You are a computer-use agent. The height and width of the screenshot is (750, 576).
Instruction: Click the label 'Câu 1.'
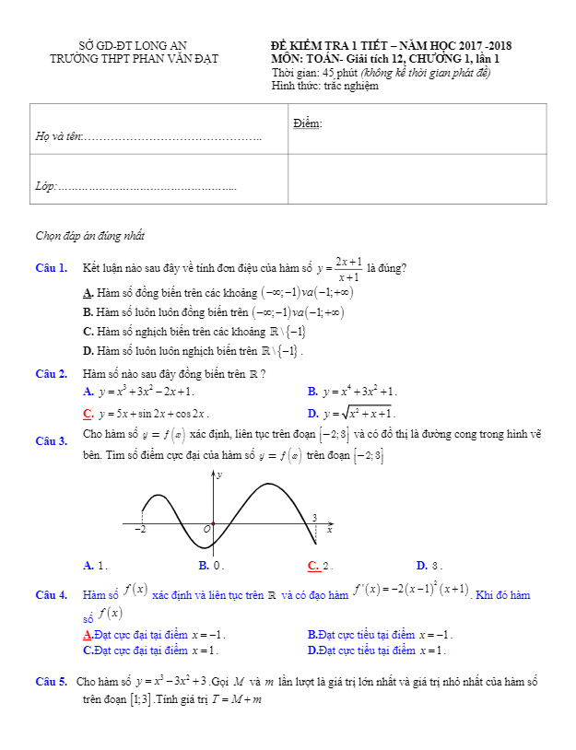[51, 269]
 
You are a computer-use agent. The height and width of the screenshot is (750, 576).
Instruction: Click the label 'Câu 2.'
[51, 374]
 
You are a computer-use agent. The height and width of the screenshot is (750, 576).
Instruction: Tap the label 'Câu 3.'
[51, 441]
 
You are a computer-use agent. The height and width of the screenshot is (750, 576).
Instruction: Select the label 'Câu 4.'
[51, 595]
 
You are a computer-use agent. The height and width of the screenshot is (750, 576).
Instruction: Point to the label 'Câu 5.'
[51, 683]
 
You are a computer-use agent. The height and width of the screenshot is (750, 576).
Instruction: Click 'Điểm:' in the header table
[308, 123]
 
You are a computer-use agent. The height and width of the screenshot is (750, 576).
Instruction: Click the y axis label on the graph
[219, 475]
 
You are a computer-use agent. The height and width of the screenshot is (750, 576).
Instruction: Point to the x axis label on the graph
[329, 531]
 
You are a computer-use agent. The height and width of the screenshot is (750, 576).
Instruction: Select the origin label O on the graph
[206, 530]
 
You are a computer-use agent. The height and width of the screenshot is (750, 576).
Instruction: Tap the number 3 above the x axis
[314, 517]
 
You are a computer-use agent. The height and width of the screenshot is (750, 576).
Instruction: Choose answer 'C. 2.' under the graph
[320, 566]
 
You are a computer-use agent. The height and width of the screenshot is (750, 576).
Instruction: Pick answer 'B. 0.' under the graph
[211, 566]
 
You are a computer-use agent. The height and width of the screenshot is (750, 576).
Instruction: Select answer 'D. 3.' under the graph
[429, 566]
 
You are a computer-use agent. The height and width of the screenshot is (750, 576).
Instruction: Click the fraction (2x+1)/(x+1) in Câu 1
[348, 268]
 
